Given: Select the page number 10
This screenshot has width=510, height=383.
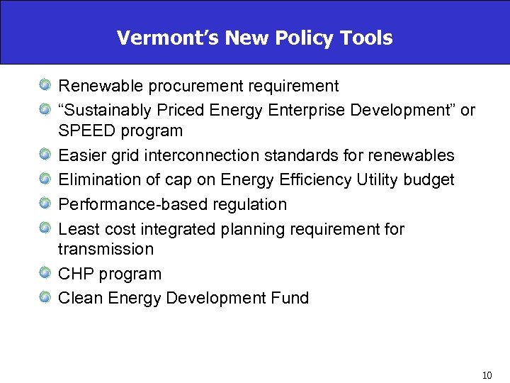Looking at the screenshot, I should (x=486, y=375).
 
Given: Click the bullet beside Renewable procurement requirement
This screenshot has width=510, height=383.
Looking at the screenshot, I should (x=45, y=87).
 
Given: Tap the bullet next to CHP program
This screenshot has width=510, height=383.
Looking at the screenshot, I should (x=45, y=274).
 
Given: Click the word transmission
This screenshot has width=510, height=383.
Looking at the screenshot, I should (x=106, y=250).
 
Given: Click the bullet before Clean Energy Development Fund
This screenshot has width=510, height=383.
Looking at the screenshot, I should (x=45, y=298).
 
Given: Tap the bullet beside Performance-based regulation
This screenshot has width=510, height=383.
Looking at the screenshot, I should (x=45, y=205).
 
